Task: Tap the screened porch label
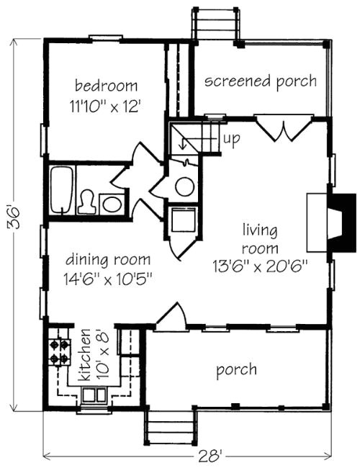click(260, 81)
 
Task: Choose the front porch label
click(236, 370)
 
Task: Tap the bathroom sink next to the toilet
click(112, 204)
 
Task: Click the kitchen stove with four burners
click(59, 351)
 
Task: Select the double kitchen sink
click(94, 395)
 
